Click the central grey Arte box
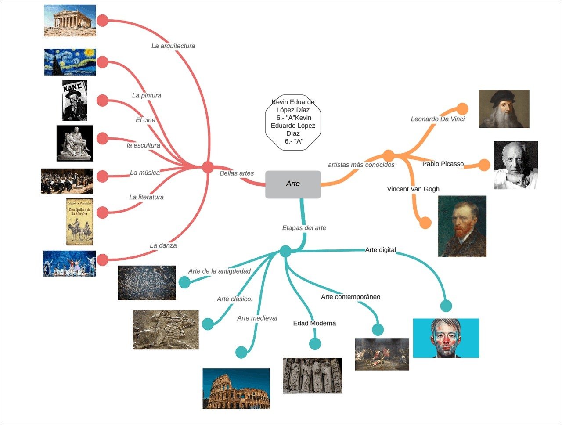(293, 184)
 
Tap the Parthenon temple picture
(70, 21)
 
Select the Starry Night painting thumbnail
(70, 62)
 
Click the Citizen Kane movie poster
(75, 101)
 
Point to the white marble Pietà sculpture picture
(75, 143)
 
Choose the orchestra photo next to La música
(67, 181)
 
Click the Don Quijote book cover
(79, 222)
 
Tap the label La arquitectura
(173, 46)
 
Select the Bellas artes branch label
(237, 173)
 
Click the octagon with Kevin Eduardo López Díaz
(293, 122)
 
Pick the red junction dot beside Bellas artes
(208, 167)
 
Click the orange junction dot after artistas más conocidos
(389, 156)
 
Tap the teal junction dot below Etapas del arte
(285, 251)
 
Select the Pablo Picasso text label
(443, 164)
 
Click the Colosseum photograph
(236, 389)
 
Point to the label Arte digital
(380, 250)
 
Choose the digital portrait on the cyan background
(446, 338)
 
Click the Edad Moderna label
(314, 323)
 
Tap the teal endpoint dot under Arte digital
(446, 306)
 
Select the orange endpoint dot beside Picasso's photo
(484, 165)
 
